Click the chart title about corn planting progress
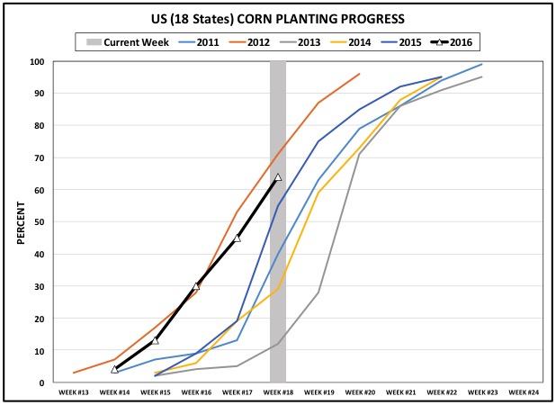(277, 19)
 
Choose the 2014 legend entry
(352, 41)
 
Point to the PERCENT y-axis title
(20, 222)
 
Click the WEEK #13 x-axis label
(74, 392)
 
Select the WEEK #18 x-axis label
(278, 392)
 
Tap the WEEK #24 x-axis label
(522, 392)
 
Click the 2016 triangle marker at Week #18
(278, 177)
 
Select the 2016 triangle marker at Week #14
(115, 369)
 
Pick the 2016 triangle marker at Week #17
(238, 238)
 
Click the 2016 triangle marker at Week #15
(156, 340)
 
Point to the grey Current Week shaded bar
(278, 270)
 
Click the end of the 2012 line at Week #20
(359, 75)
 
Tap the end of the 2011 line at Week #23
(481, 65)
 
